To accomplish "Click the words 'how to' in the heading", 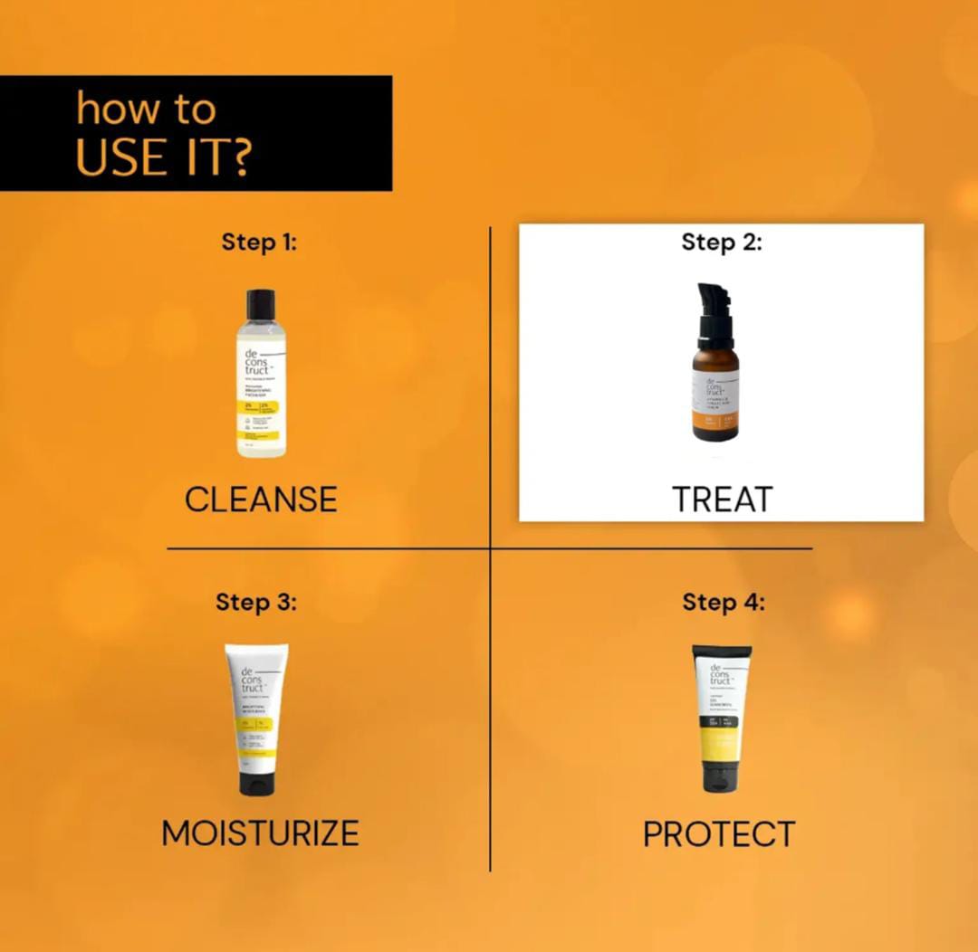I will (x=146, y=109).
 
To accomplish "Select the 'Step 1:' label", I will (x=259, y=243).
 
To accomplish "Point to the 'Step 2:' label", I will (x=722, y=243).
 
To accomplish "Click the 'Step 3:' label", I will (x=255, y=602).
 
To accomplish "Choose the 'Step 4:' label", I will (x=723, y=602).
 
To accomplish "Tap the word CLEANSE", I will (x=261, y=500).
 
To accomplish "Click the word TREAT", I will (x=722, y=500).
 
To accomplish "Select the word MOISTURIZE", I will (x=260, y=833).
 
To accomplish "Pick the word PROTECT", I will (x=719, y=833).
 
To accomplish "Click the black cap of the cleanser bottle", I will (x=261, y=304).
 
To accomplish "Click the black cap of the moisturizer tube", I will (x=256, y=784).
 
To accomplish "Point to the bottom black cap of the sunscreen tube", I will (x=722, y=777).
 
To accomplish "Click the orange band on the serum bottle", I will (x=715, y=423).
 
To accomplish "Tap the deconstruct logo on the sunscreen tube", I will (x=720, y=675).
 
